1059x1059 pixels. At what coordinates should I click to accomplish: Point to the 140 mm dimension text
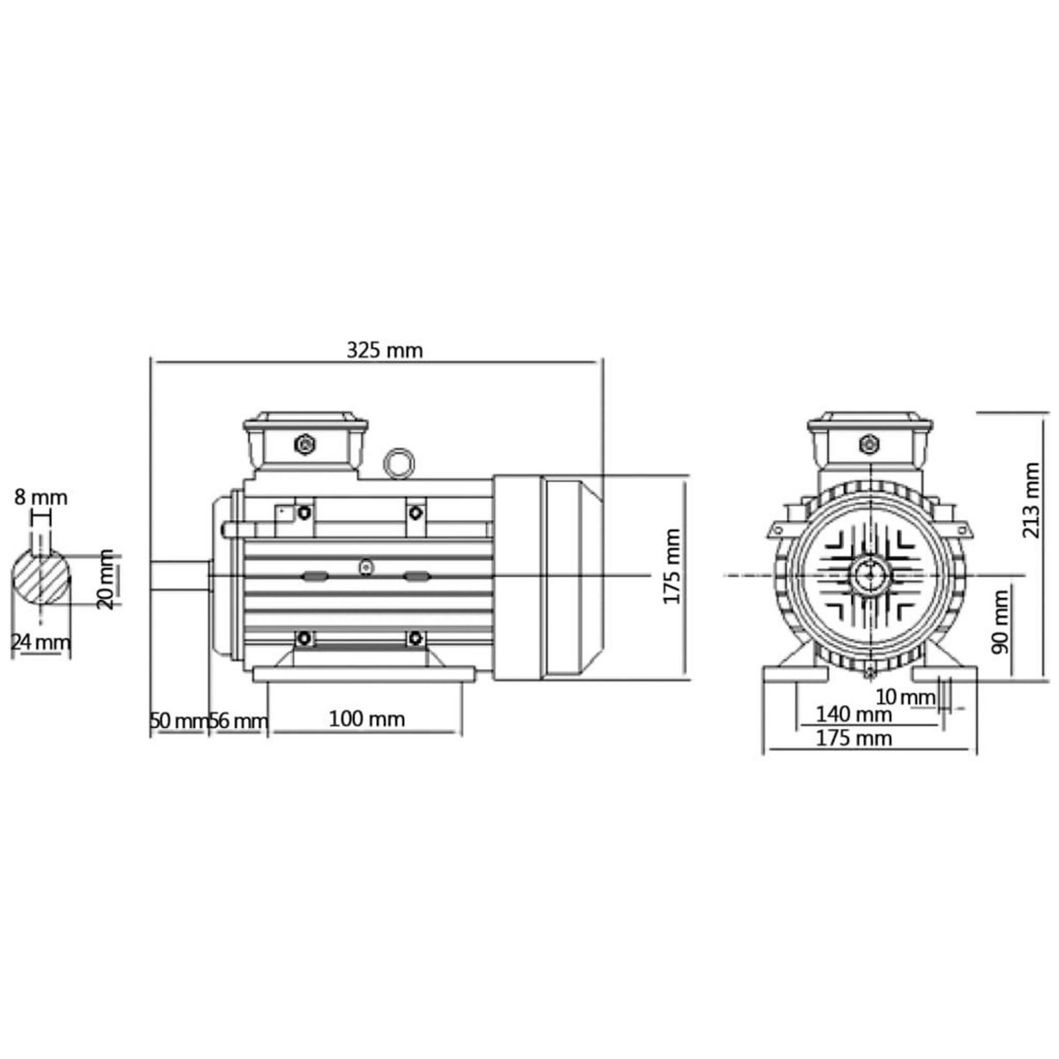coord(852,713)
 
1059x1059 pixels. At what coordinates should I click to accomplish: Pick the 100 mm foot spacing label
coord(366,719)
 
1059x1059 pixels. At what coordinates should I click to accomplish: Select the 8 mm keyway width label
coord(41,497)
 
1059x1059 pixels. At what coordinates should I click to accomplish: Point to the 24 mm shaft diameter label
coord(40,642)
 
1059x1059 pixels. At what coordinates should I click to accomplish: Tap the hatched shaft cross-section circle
coord(41,579)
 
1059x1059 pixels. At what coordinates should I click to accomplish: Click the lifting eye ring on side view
coord(400,463)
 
